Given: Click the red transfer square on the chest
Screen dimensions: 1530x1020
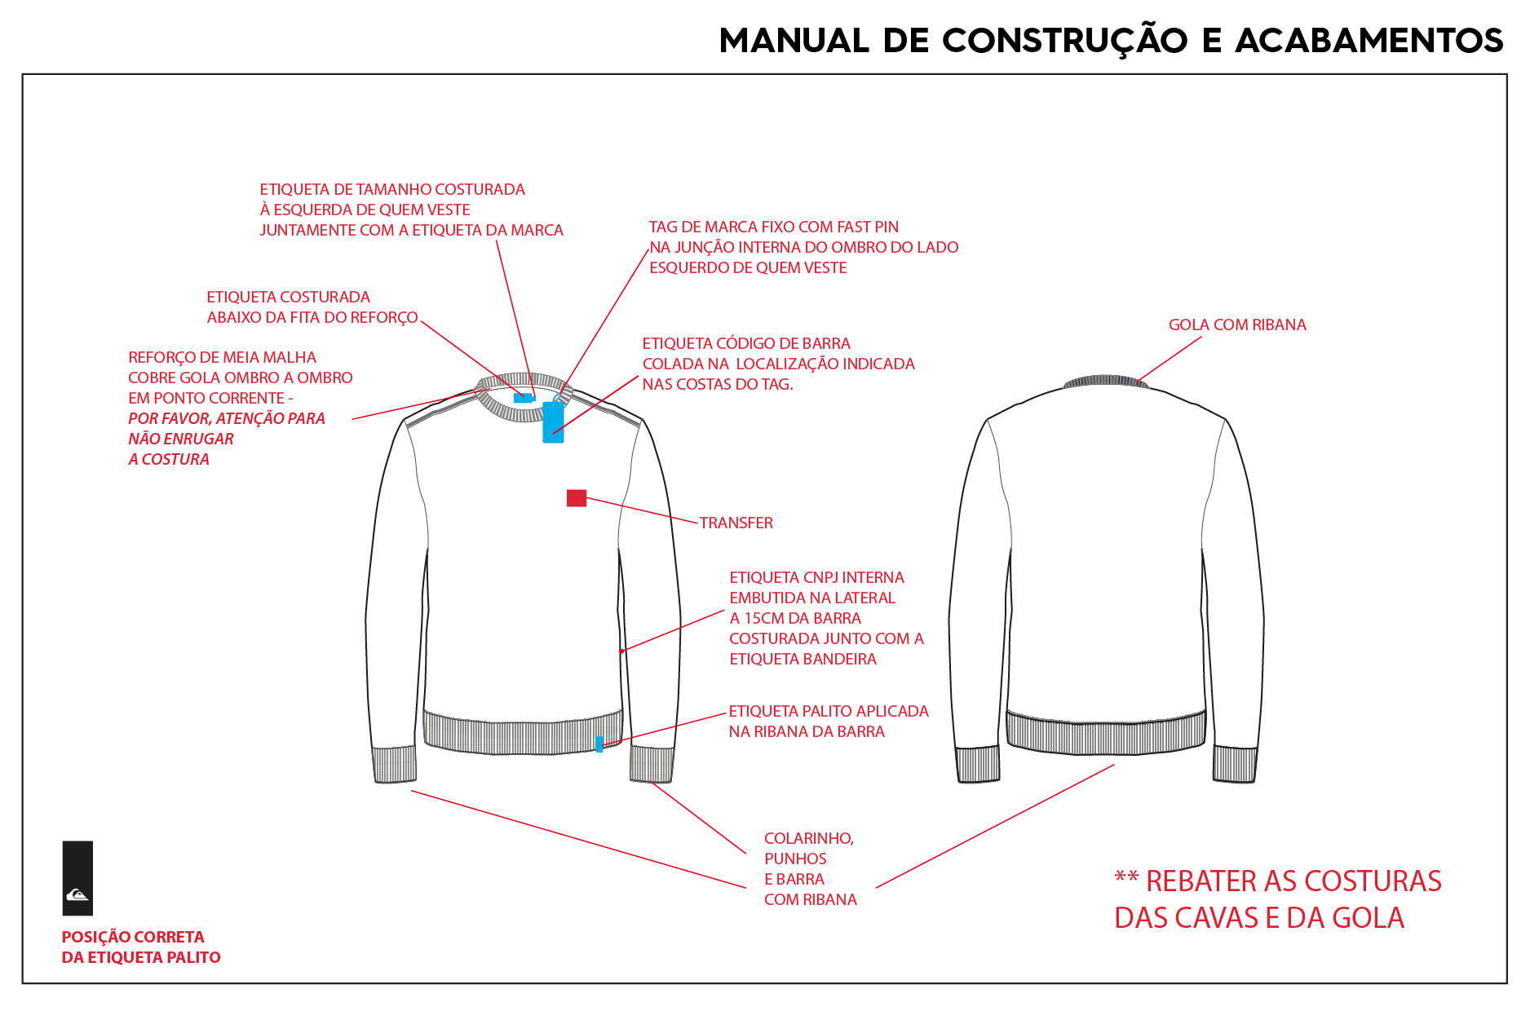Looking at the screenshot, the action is click(x=577, y=497).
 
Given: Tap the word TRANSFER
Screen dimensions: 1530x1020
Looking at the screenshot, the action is click(x=736, y=523).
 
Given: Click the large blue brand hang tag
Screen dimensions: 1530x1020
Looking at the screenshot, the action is click(x=553, y=422).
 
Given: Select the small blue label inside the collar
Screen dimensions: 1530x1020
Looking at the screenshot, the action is click(x=524, y=398).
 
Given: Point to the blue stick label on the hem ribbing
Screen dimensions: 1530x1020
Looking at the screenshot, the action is click(x=599, y=744).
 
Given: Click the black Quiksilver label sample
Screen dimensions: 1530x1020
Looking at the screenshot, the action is click(x=77, y=878).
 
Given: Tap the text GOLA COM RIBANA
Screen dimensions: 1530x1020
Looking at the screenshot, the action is click(x=1237, y=325).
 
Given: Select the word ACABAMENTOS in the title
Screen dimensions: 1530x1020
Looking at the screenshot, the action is click(x=1369, y=41).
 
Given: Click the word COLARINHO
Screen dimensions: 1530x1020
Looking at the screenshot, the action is click(x=808, y=839).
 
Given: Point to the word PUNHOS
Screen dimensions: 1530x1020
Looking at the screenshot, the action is click(x=795, y=859).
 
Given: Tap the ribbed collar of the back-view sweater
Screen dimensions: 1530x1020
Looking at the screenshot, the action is click(x=1105, y=381).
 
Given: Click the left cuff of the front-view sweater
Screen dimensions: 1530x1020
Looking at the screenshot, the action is click(x=395, y=764).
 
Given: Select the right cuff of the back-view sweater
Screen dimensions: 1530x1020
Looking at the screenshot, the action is click(x=1235, y=764).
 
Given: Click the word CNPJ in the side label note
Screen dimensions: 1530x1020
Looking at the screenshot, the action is click(x=817, y=578).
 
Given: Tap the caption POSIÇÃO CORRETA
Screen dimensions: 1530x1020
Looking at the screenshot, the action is click(x=133, y=937).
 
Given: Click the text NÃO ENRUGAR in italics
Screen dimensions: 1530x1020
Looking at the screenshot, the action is click(x=181, y=439).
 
